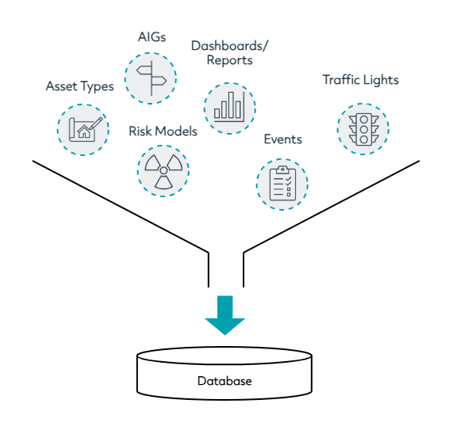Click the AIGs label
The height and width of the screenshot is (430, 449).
coord(152,37)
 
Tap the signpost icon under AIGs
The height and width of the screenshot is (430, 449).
coord(151,78)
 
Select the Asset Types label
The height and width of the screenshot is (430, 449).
coord(80,86)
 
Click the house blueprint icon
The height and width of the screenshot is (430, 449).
coord(85,129)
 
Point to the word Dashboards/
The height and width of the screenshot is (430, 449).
coord(229,46)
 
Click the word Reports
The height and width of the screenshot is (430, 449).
coord(229,60)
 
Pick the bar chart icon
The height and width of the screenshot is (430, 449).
coord(229,107)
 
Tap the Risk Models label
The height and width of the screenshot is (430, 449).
coord(163,131)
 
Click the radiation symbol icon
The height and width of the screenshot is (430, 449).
coord(163,172)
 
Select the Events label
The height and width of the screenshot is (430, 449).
coord(283,139)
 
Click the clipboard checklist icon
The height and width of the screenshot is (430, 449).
coord(282,183)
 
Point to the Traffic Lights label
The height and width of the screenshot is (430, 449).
coord(360,80)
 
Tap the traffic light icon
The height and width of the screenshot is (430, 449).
coord(363,130)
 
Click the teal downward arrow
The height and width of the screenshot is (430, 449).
coord(224,315)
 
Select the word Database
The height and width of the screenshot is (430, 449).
coord(224,381)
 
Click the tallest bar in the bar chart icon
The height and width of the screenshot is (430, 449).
coord(231,105)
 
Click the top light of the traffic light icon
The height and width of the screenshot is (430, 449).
coord(364,120)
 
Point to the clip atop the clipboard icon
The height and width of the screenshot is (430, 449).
coord(282,169)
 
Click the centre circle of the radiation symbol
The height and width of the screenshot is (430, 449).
coord(163,171)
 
